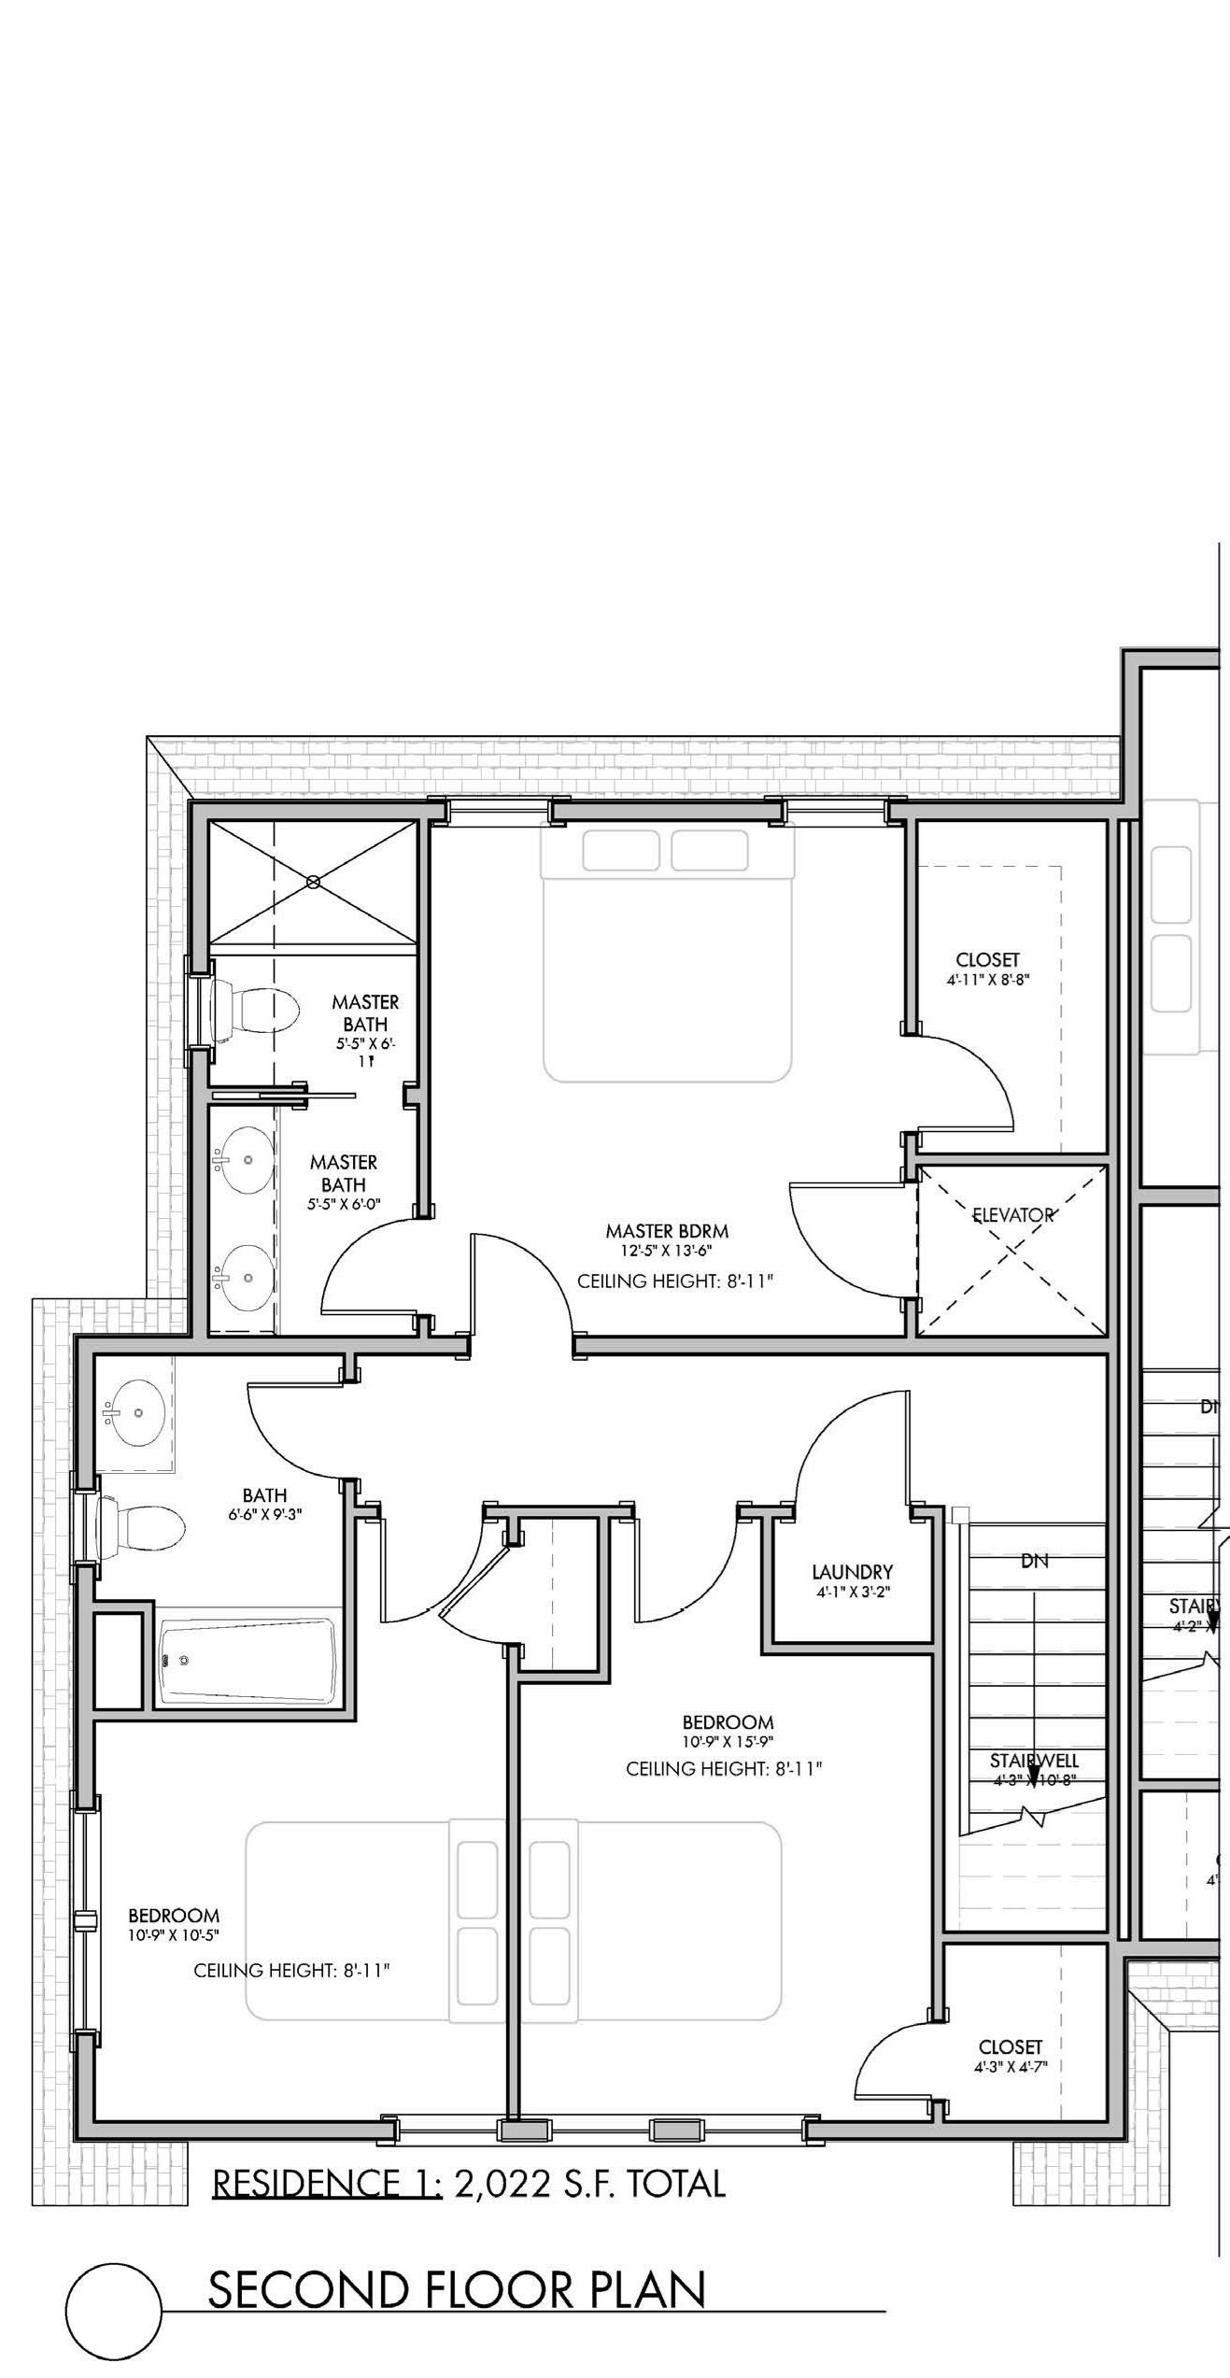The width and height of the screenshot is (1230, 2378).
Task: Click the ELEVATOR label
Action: pos(1012,1215)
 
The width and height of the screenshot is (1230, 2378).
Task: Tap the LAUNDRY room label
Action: pos(852,1572)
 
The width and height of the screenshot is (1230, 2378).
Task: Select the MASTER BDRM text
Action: pos(666,1231)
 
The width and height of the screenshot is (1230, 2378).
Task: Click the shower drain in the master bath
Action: pos(314,881)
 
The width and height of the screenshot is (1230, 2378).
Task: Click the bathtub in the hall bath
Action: pos(247,1663)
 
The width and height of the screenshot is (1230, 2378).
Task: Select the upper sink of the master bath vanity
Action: pos(245,1160)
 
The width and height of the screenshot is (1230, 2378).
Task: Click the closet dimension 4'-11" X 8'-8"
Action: pos(987,981)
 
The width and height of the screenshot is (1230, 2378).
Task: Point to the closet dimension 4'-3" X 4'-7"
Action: pos(1011,2068)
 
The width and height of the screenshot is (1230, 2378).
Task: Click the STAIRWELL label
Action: pos(1034,1761)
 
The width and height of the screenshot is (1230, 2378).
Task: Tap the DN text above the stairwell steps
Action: pos(1035,1560)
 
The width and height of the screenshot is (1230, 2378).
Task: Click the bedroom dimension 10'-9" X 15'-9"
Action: pos(728,1741)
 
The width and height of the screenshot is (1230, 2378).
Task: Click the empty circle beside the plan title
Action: pos(115,2312)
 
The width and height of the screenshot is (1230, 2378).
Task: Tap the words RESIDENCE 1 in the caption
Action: pos(327,2185)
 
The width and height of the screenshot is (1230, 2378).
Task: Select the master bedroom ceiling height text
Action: pos(675,1281)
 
